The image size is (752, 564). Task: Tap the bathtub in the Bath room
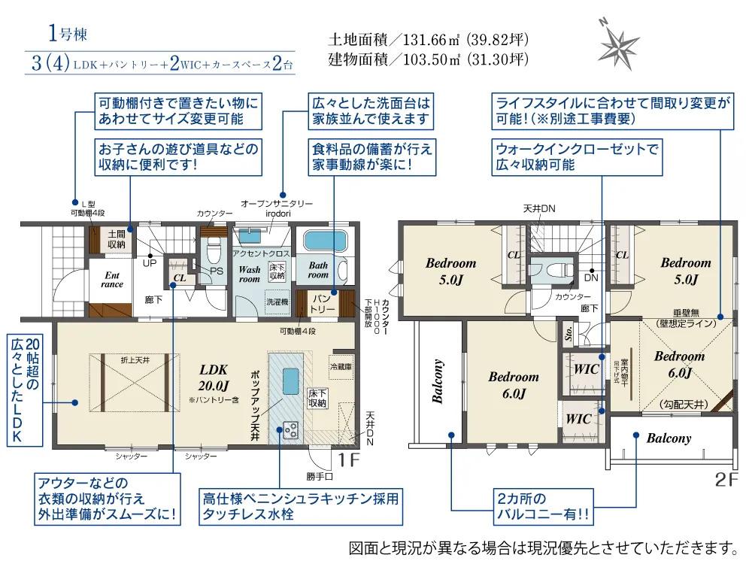click(326, 242)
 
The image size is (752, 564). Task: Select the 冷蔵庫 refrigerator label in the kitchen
click(340, 367)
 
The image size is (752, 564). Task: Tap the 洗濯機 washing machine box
click(275, 301)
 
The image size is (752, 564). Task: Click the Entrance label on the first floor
click(112, 280)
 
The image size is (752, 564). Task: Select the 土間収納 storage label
click(117, 239)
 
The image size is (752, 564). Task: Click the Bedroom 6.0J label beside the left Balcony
click(514, 384)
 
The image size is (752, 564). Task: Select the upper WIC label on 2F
click(586, 370)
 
